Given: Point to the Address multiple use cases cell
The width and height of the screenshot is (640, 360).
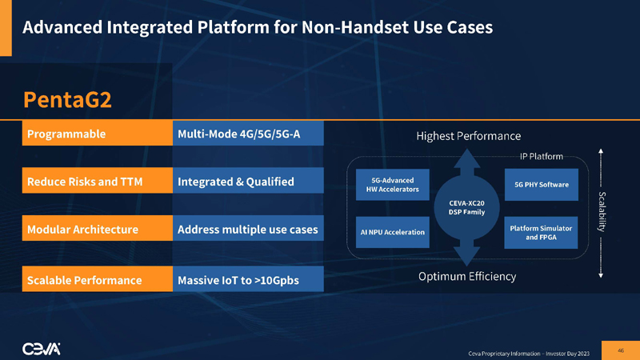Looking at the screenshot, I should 248,230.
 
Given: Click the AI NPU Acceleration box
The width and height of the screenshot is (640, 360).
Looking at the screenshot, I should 392,232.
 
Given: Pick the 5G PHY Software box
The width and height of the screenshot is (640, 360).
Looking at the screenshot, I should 542,184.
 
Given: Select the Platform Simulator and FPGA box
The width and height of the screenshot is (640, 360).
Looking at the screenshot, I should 542,232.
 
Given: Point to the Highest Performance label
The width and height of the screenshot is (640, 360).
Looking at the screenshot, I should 468,135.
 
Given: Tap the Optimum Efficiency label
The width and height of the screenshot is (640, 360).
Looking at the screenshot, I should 468,277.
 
